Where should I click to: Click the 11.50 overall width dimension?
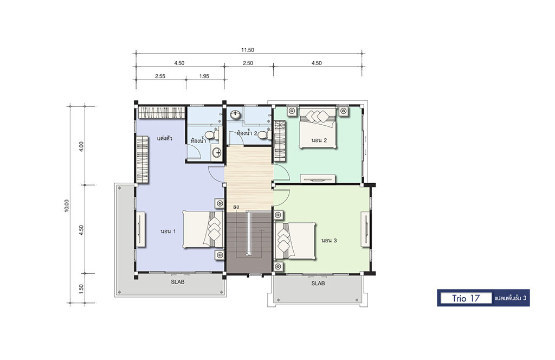point(248,50)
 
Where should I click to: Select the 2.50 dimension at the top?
point(248,63)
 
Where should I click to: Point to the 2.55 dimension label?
point(160,76)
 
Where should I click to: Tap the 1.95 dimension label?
point(204,76)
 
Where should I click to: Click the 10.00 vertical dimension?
point(67,205)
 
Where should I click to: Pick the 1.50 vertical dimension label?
point(81,288)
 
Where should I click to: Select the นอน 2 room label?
point(319,140)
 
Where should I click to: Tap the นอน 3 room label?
point(329,240)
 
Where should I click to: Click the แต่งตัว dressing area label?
point(165,138)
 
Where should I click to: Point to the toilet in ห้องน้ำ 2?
point(264,135)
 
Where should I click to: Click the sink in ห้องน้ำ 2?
point(235,115)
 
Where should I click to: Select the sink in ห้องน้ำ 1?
point(216,152)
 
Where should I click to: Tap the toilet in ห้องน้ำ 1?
point(212,135)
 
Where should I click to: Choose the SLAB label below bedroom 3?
point(318,283)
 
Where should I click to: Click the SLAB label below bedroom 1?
point(178,282)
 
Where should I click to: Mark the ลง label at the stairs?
point(236,207)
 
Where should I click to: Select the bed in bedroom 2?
point(318,127)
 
